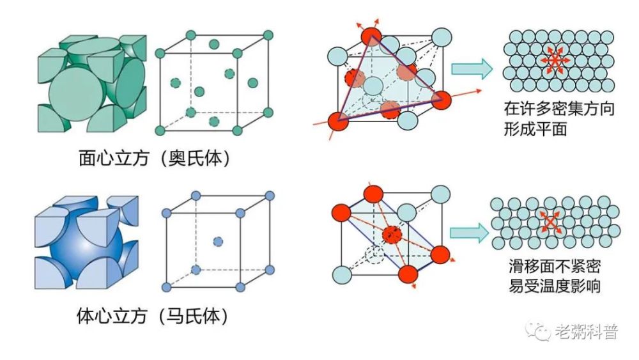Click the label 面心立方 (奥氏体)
click(154, 158)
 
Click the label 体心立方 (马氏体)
click(152, 315)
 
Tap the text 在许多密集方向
click(558, 109)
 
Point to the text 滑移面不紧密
click(554, 266)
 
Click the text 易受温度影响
click(554, 286)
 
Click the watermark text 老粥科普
click(587, 331)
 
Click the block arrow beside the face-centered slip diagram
click(472, 68)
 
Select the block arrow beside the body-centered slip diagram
click(469, 233)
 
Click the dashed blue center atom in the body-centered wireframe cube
click(218, 242)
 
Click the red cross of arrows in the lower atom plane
click(550, 222)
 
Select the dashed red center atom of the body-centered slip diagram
click(392, 235)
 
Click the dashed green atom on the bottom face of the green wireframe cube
click(214, 121)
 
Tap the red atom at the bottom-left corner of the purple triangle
click(339, 121)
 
